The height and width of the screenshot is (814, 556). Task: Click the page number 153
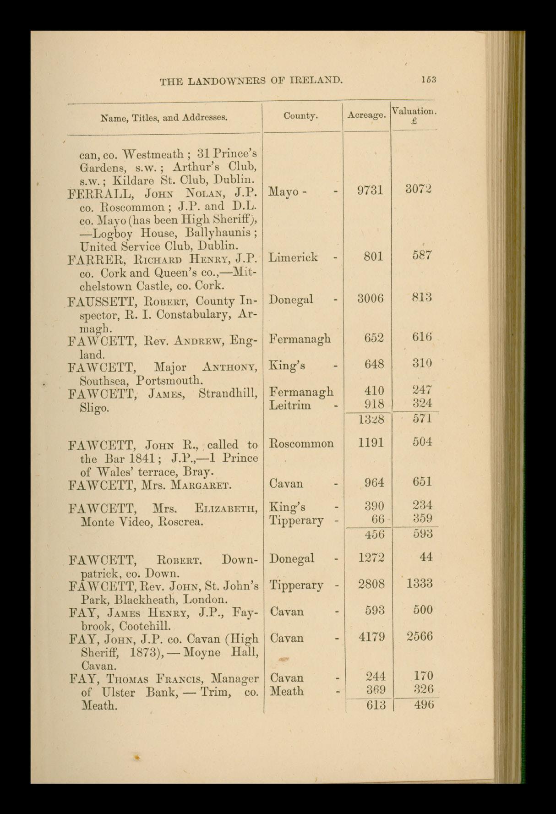pyautogui.click(x=429, y=79)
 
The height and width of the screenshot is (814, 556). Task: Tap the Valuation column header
pyautogui.click(x=414, y=112)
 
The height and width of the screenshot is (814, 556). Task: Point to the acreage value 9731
pyautogui.click(x=370, y=190)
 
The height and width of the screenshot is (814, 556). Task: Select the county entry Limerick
pyautogui.click(x=293, y=257)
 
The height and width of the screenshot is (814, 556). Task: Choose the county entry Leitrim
pyautogui.click(x=290, y=405)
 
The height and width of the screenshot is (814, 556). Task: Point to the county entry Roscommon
pyautogui.click(x=301, y=443)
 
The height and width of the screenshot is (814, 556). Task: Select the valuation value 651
pyautogui.click(x=421, y=482)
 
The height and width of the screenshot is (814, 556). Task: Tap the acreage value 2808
pyautogui.click(x=371, y=584)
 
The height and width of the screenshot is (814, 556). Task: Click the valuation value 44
pyautogui.click(x=425, y=557)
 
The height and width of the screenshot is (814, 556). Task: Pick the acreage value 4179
pyautogui.click(x=371, y=637)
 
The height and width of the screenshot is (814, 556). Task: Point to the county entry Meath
pyautogui.click(x=287, y=691)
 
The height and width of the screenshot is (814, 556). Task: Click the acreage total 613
pyautogui.click(x=376, y=705)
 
